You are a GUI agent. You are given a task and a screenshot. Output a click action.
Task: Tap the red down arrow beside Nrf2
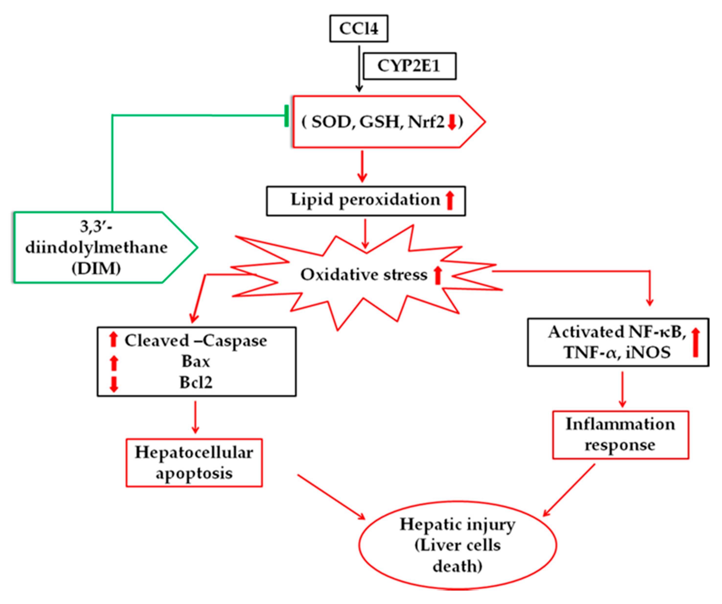coord(452,122)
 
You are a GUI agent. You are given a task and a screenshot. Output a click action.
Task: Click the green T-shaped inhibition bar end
coord(287,116)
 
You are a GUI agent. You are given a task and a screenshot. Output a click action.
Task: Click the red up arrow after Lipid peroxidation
coord(450,201)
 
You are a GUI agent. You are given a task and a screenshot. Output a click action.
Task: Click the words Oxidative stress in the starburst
coord(364,275)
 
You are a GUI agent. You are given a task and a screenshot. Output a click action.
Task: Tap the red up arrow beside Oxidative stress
coord(437,276)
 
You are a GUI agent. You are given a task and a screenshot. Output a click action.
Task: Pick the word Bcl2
coord(196,382)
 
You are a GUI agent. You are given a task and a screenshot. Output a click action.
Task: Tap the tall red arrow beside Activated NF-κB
coord(695,342)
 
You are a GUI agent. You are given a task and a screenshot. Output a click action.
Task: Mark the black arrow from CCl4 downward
coord(359,69)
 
